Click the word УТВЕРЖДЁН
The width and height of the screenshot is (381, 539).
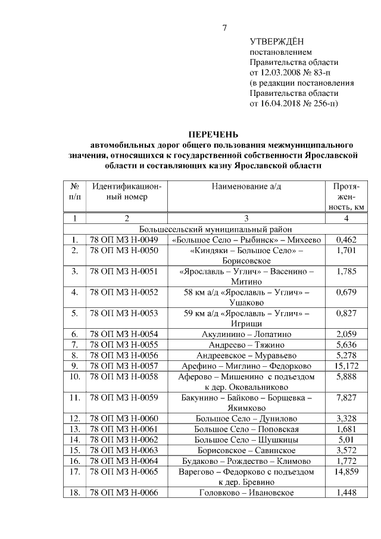277,41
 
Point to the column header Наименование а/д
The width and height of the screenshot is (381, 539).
246,186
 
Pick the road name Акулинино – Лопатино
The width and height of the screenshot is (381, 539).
246,334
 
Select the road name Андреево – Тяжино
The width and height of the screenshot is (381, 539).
246,344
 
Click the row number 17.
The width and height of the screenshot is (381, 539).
75,471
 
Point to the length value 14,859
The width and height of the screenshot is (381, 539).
346,471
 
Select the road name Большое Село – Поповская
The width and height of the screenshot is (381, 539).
246,429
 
